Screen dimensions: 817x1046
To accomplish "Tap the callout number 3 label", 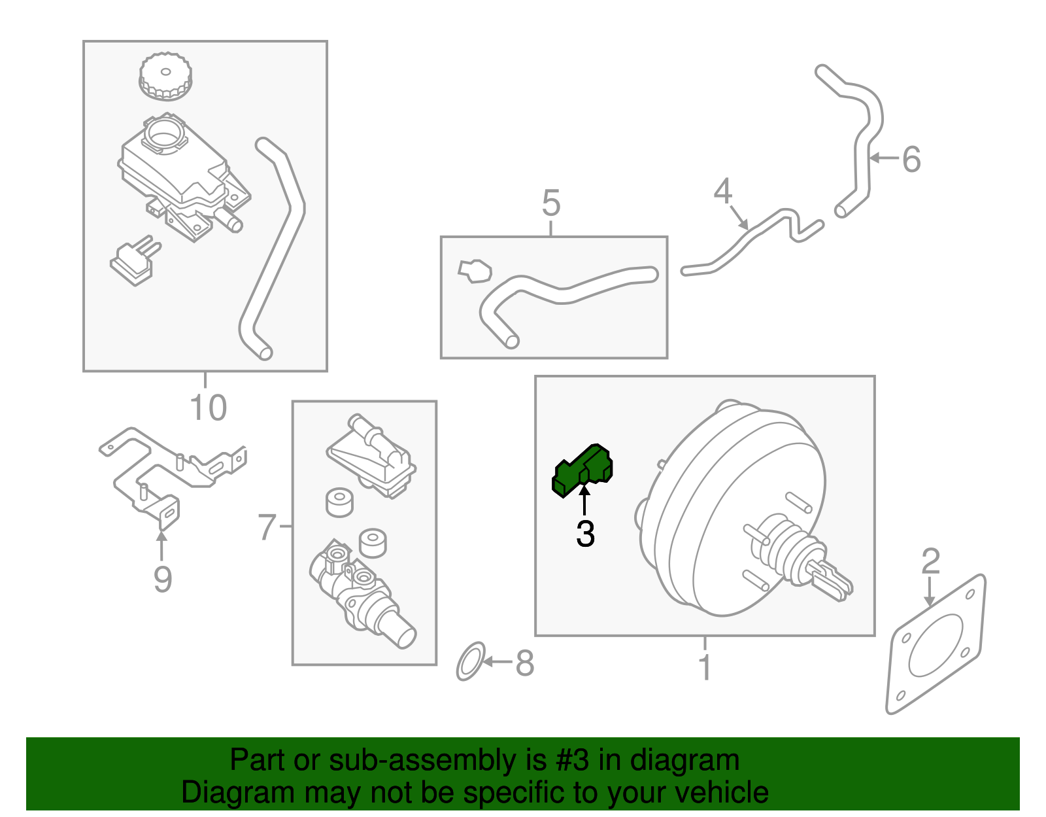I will click(x=585, y=534).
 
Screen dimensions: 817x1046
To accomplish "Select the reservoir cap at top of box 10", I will click(x=165, y=77).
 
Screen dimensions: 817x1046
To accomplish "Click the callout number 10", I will click(x=208, y=408).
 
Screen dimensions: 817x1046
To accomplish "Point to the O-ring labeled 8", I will click(x=471, y=661).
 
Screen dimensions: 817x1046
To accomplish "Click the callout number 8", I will click(x=524, y=663).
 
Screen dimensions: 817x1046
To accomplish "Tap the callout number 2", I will click(x=930, y=562).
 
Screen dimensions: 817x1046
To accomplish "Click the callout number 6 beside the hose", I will click(x=911, y=160).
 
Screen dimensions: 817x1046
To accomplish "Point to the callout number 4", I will click(x=722, y=192).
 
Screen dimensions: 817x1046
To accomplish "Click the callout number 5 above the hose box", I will click(x=551, y=203).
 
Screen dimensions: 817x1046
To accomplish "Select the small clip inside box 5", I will click(x=475, y=271).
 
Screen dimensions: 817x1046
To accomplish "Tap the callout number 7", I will click(x=267, y=527).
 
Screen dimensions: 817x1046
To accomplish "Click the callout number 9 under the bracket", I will click(x=162, y=579).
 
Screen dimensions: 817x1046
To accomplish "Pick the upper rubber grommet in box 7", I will click(x=339, y=502).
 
